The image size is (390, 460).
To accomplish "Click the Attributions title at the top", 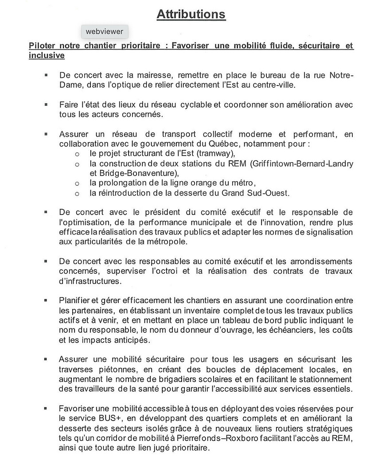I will point(191,14).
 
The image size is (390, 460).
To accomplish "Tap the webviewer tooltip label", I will point(105,32).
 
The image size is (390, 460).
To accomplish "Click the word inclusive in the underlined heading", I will point(47,55).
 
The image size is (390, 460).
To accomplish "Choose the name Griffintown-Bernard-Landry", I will point(302,164).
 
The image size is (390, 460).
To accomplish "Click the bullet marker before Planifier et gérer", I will point(46,300).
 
